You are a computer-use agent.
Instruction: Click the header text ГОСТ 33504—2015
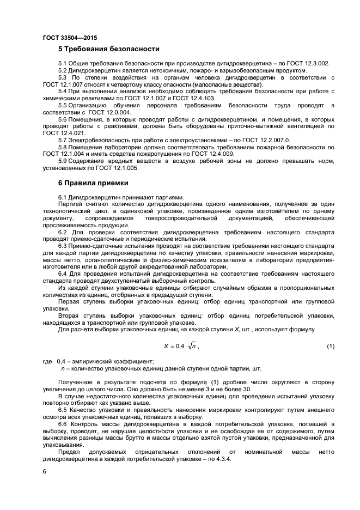point(66,37)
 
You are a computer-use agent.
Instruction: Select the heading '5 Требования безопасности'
point(109,49)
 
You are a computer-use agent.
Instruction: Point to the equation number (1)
point(330,346)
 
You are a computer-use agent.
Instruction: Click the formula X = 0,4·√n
point(181,346)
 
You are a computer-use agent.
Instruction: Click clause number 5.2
point(63,71)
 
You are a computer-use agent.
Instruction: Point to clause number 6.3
point(63,246)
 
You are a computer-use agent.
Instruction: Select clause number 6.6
point(63,423)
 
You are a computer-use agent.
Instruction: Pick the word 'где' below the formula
point(47,361)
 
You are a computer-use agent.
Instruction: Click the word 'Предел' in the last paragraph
point(69,452)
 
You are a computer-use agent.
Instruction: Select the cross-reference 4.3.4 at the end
point(224,459)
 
